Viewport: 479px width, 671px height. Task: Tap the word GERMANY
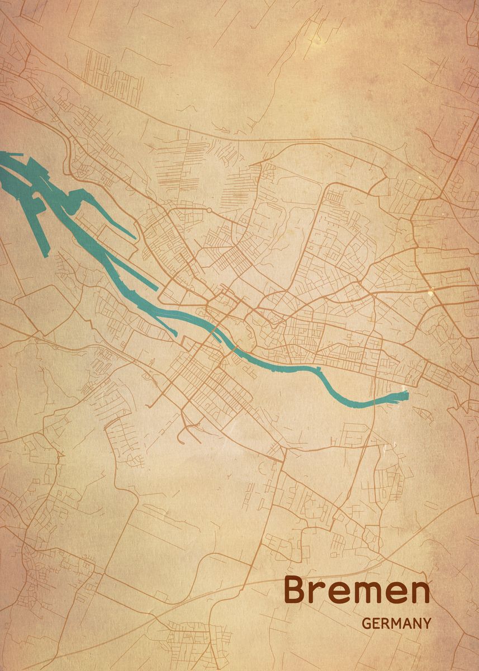pos(397,623)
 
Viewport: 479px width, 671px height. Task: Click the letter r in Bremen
pos(320,593)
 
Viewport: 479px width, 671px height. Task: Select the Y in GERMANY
pos(427,623)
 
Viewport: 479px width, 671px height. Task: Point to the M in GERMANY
pos(396,623)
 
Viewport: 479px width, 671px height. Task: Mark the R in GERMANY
pos(385,623)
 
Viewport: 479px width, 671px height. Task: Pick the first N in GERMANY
pos(417,623)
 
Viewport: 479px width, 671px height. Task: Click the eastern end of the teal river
pos(407,396)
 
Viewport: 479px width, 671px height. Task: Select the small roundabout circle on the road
pos(208,210)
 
